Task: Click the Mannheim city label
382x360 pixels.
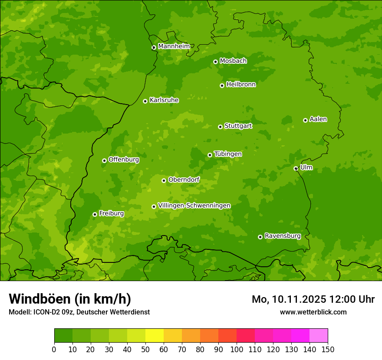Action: pyautogui.click(x=174, y=46)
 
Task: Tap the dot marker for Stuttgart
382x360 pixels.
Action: pyautogui.click(x=220, y=127)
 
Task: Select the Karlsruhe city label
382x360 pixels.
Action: pyautogui.click(x=164, y=100)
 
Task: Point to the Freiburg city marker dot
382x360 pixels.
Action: pyautogui.click(x=95, y=214)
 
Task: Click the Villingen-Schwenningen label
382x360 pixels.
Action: pyautogui.click(x=194, y=206)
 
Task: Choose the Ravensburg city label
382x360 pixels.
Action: pyautogui.click(x=282, y=236)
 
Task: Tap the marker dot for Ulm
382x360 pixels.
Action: pyautogui.click(x=296, y=168)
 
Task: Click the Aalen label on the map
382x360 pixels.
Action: pyautogui.click(x=318, y=119)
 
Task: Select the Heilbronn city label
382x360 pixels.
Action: pyautogui.click(x=241, y=85)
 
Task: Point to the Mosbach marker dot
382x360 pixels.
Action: pyautogui.click(x=215, y=62)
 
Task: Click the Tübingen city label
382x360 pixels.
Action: pyautogui.click(x=228, y=154)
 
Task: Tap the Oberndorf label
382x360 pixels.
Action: pyautogui.click(x=184, y=180)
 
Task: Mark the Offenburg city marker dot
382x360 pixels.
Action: pyautogui.click(x=104, y=160)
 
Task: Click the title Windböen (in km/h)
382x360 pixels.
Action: pyautogui.click(x=70, y=299)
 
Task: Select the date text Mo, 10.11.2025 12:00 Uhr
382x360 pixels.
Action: pyautogui.click(x=313, y=299)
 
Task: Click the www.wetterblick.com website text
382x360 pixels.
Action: pyautogui.click(x=313, y=312)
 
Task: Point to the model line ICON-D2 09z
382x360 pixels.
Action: pyautogui.click(x=79, y=312)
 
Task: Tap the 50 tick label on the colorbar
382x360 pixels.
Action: pyautogui.click(x=145, y=350)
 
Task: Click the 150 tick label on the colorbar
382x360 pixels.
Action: pyautogui.click(x=328, y=350)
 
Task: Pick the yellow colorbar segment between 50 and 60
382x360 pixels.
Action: pyautogui.click(x=155, y=336)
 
